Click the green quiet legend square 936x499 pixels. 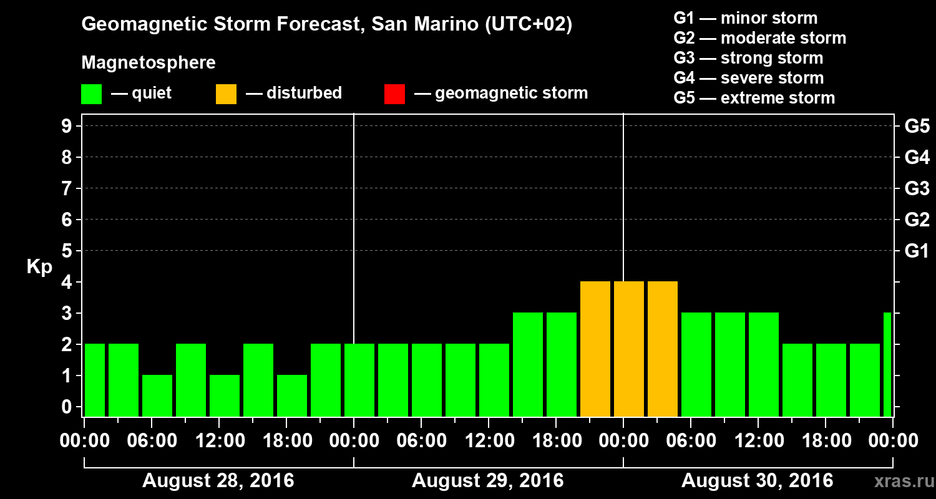[x=91, y=94]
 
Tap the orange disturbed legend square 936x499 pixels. [x=226, y=94]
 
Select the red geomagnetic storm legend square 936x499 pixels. [x=394, y=94]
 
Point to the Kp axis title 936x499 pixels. [x=39, y=267]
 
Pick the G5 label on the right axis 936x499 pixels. [x=917, y=127]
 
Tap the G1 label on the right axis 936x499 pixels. [x=917, y=251]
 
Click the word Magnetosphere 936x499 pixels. [x=149, y=63]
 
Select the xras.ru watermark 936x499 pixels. [x=899, y=481]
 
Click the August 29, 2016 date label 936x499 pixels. [x=487, y=481]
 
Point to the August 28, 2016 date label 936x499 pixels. [x=218, y=481]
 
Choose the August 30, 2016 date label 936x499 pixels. [x=757, y=481]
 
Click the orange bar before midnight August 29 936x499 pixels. [x=595, y=349]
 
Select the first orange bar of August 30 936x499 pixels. [x=629, y=349]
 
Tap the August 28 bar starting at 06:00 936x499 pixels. [x=157, y=395]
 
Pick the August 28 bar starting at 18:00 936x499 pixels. [x=292, y=395]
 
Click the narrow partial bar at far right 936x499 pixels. [x=887, y=365]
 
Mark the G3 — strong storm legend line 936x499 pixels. [x=748, y=58]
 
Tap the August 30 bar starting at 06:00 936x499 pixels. [x=696, y=365]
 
